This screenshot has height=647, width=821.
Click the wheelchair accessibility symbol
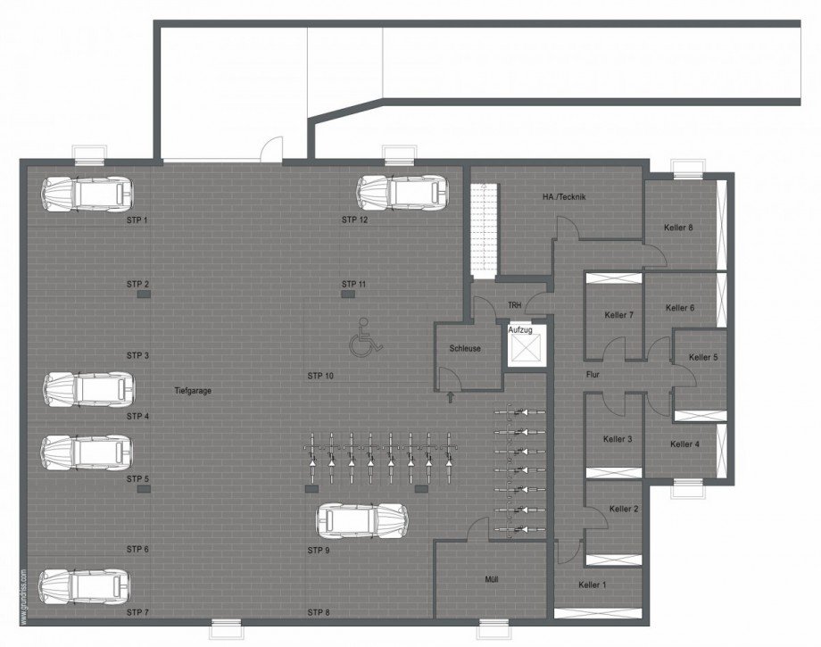[362, 339]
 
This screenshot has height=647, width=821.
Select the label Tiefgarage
[193, 390]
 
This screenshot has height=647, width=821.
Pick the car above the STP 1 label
[88, 193]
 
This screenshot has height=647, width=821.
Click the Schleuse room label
[466, 349]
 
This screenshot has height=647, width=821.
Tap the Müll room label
[491, 580]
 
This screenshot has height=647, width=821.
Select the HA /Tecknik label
[563, 197]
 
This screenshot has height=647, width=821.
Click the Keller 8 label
[679, 228]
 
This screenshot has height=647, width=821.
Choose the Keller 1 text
[592, 585]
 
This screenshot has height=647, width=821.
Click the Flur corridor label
[592, 375]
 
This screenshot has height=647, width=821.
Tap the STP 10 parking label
[320, 376]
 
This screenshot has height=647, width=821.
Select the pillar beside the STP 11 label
[348, 295]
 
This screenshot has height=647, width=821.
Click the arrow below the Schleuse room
[449, 394]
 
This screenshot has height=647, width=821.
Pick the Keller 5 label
[702, 358]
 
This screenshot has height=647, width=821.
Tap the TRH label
[514, 305]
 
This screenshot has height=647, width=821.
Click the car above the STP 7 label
[87, 586]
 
